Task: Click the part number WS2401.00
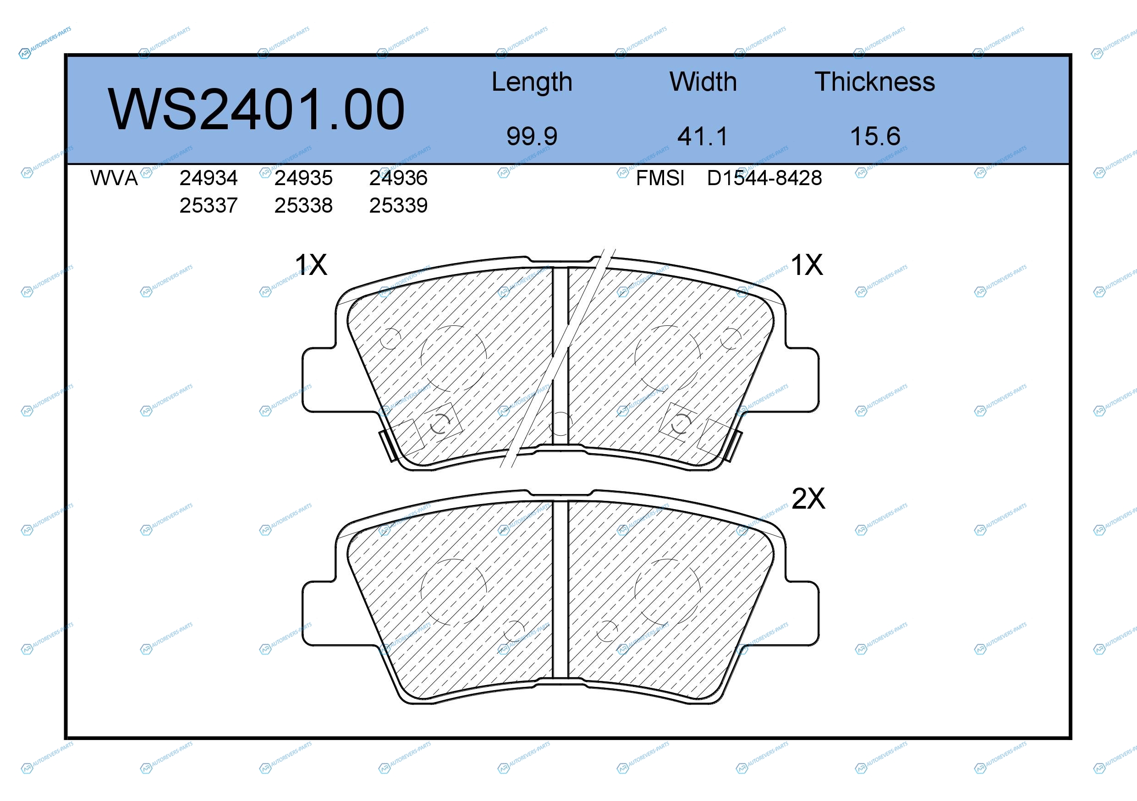point(256,110)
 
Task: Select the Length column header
point(532,82)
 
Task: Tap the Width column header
point(703,82)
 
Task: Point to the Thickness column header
point(874,82)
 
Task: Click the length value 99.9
point(532,136)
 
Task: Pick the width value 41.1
point(703,136)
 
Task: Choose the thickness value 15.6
point(875,136)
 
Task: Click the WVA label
point(114,178)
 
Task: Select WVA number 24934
point(209,178)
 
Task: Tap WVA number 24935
point(303,178)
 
